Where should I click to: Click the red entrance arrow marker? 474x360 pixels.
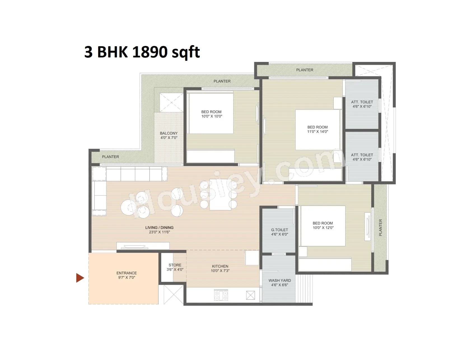pos(80,278)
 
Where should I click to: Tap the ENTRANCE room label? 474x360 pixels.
pos(127,273)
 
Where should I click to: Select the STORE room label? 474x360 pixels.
pos(175,265)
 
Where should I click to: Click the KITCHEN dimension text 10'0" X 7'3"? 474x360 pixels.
pos(220,271)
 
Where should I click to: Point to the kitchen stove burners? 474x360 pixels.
pos(221,295)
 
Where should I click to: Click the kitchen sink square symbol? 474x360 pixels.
pos(250,295)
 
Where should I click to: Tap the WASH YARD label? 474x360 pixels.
pos(279,280)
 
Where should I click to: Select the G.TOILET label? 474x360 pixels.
pos(279,230)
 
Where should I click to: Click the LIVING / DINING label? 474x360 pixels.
pos(159,227)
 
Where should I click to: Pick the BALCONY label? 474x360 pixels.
pos(169,133)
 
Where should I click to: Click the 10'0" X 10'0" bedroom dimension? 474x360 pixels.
pos(212,116)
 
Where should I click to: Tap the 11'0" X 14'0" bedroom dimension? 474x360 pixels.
pos(317,132)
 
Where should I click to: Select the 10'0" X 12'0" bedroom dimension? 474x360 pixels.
pos(323,228)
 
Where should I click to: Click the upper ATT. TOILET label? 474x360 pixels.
pos(362,102)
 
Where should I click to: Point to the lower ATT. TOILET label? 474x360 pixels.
pos(362,155)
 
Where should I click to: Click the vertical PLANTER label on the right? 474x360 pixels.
pos(380,227)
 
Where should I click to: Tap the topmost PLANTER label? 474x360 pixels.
pos(305,70)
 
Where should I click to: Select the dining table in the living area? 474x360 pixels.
pos(220,194)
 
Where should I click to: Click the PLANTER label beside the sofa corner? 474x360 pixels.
pos(110,157)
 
